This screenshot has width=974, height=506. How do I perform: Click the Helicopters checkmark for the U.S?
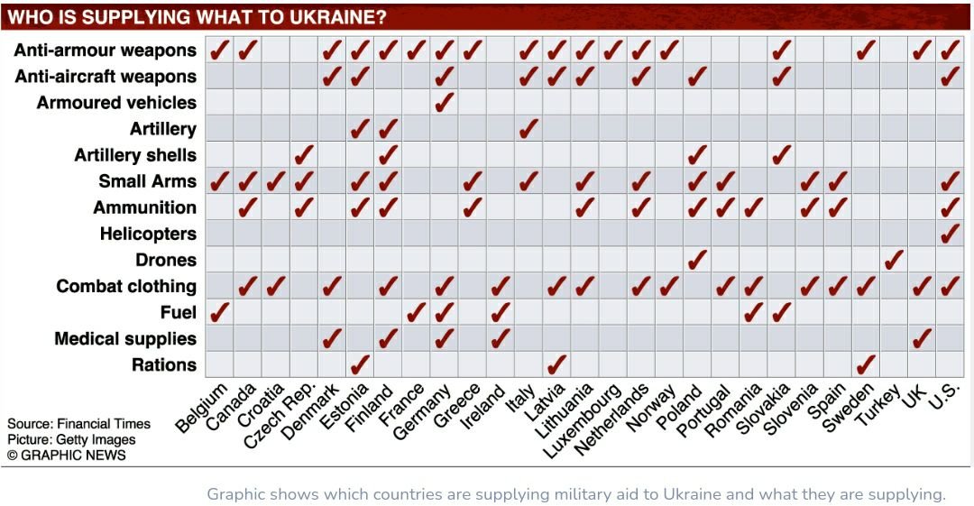[x=950, y=234]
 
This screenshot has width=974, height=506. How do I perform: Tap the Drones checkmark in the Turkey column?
[x=894, y=260]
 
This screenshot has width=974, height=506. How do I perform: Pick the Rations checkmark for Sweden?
[x=866, y=364]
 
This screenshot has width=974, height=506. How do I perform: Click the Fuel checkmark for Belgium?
[x=219, y=312]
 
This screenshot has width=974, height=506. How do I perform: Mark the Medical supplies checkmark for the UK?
[x=922, y=338]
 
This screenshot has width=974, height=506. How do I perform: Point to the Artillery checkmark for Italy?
[x=528, y=128]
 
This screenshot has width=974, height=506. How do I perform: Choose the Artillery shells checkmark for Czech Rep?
[x=304, y=154]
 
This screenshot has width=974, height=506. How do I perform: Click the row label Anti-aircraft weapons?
[x=106, y=77]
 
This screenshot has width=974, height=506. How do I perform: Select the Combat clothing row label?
[x=126, y=286]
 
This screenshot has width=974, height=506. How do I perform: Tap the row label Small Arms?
[x=148, y=181]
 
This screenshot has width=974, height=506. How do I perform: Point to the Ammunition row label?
[x=144, y=207]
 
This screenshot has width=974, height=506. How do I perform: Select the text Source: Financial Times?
[x=79, y=424]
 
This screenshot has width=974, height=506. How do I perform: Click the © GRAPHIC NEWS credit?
[x=67, y=455]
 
